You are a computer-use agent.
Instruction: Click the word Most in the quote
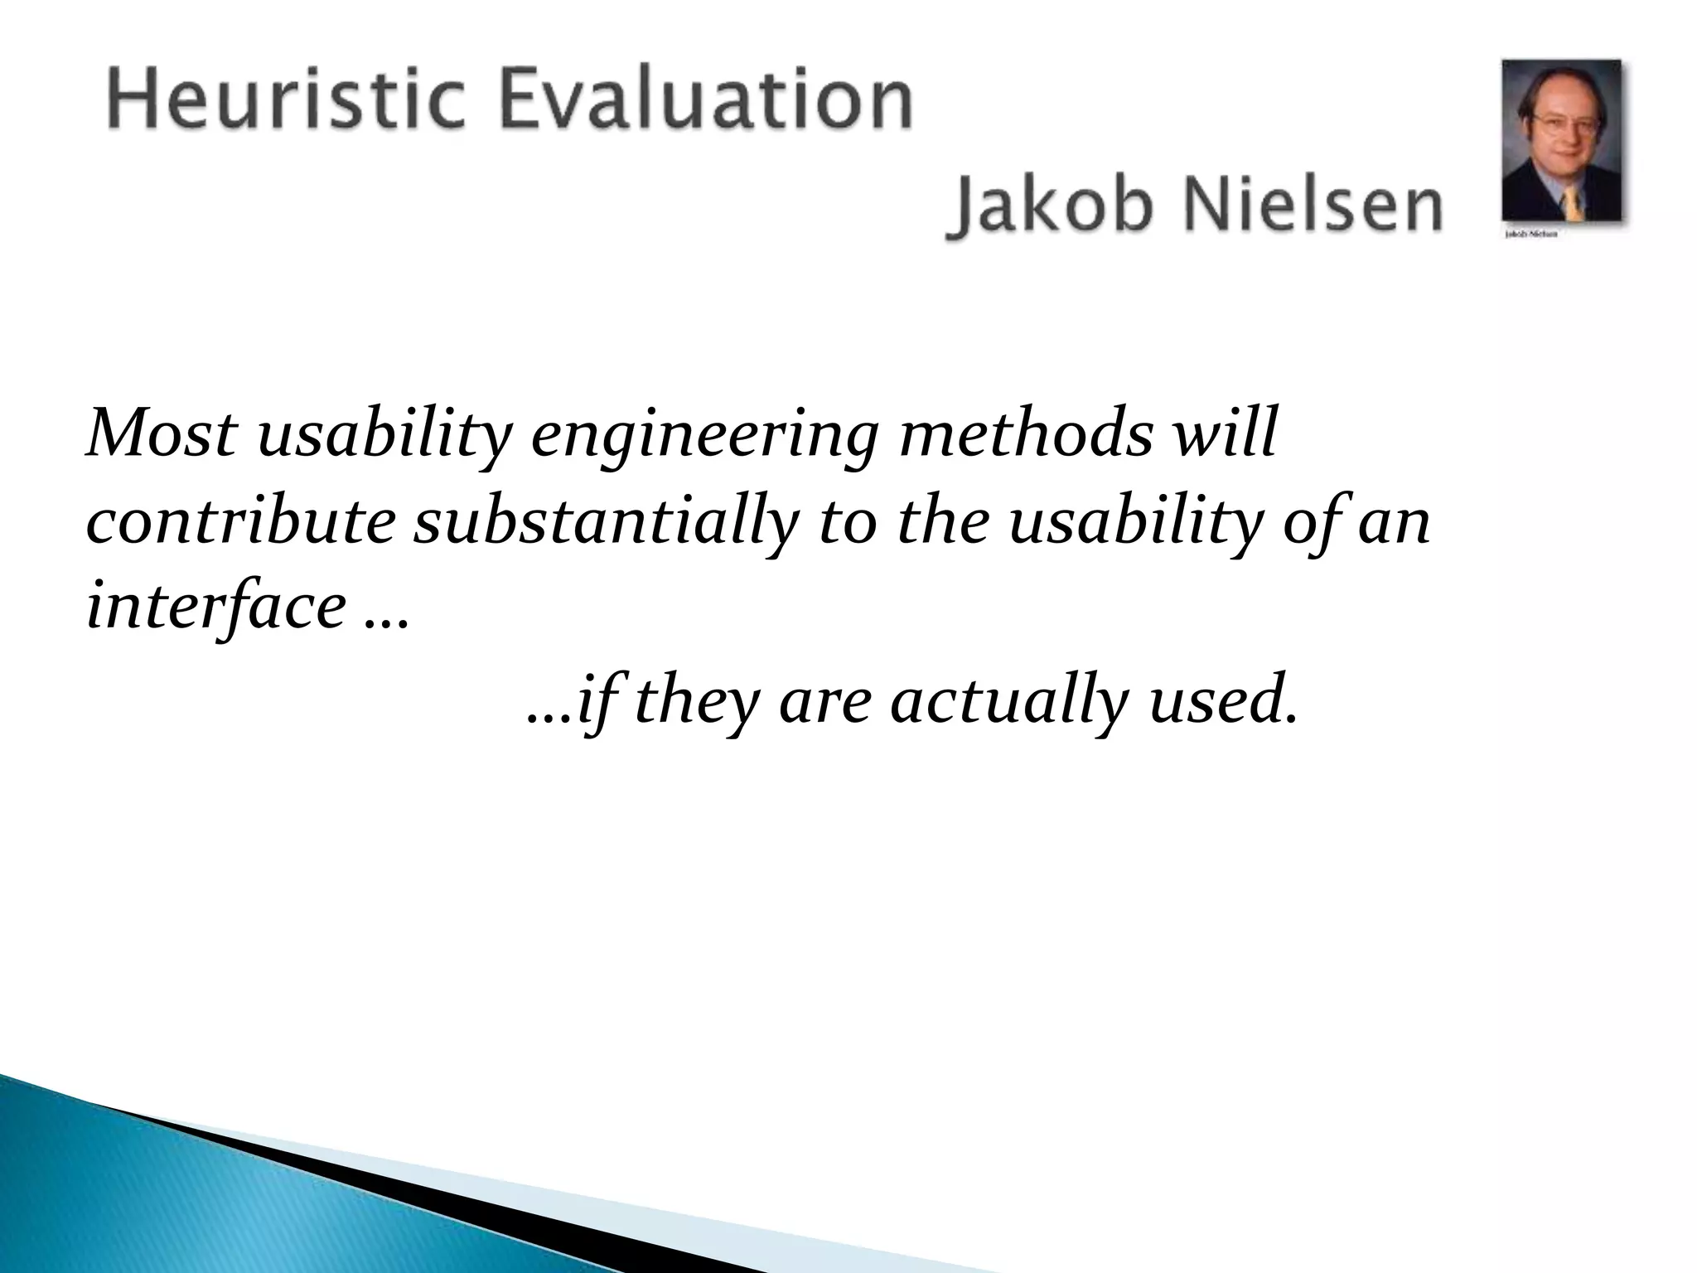[x=162, y=434]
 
